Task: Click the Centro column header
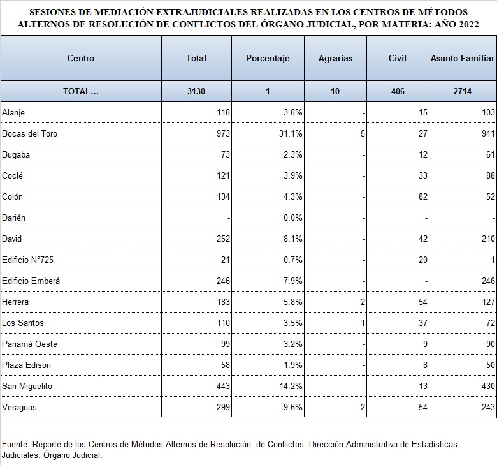(81, 59)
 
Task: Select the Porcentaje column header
(268, 59)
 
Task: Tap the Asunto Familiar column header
(463, 59)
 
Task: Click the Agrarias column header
(335, 59)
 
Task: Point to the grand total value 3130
(196, 91)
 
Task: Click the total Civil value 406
(398, 91)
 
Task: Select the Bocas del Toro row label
(29, 133)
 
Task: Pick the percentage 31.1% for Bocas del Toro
(291, 133)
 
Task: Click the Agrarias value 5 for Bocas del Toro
(363, 133)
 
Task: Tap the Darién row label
(13, 218)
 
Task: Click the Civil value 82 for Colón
(423, 197)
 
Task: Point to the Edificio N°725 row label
(27, 260)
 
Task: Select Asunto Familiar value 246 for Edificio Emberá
(488, 281)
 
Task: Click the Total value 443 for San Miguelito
(223, 387)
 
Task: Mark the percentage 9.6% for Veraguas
(293, 407)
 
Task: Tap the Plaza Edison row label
(26, 365)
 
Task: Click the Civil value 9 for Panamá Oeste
(425, 344)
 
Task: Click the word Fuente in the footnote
(15, 444)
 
